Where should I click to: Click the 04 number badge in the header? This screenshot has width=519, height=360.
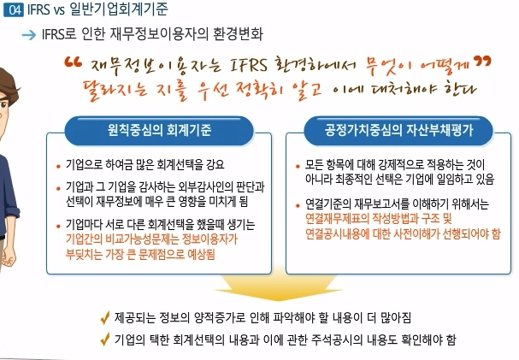pos(11,12)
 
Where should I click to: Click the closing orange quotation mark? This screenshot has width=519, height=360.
pos(483,62)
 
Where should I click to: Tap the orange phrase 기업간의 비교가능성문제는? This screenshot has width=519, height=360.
pos(136,241)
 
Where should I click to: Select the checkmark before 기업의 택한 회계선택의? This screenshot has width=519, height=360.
pos(103,339)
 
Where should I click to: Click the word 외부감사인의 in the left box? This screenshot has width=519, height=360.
pos(198,186)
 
